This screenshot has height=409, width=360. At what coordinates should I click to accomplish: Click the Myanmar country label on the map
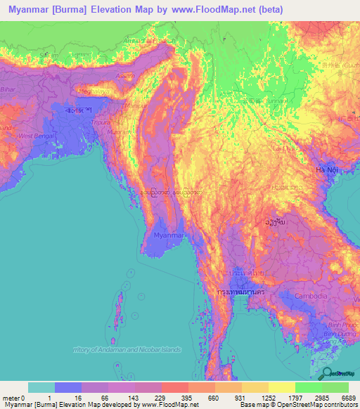(169, 236)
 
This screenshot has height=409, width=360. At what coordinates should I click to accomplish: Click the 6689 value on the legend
(347, 398)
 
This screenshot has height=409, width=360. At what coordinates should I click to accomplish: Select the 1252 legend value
(267, 398)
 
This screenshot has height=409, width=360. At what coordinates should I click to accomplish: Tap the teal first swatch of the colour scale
(41, 387)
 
